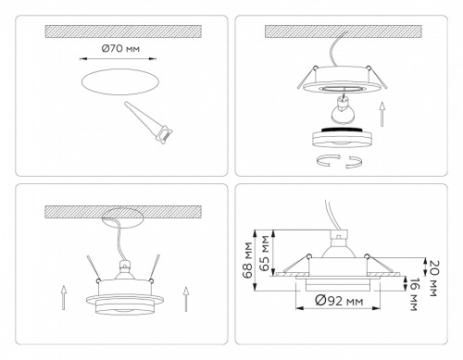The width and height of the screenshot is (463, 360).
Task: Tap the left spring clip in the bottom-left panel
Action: tap(96, 266)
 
